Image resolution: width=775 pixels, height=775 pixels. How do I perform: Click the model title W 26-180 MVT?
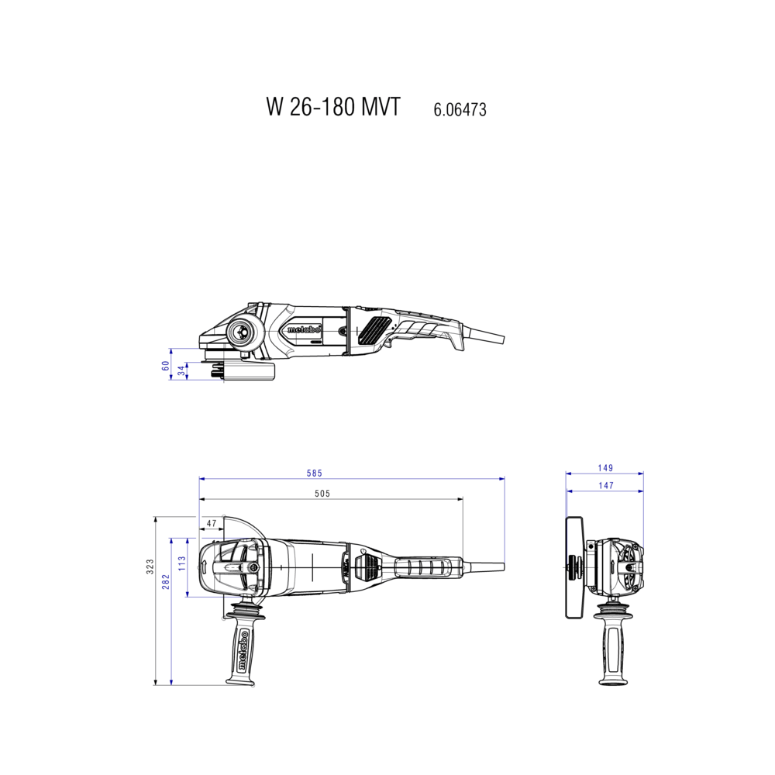333,106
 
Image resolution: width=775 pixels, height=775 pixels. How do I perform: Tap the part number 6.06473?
460,109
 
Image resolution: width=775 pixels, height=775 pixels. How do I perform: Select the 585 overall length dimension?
315,473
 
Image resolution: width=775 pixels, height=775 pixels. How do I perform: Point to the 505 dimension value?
322,493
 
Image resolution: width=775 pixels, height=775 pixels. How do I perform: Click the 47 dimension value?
212,523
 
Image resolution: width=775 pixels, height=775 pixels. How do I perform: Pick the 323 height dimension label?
150,567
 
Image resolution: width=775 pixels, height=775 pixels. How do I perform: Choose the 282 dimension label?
166,582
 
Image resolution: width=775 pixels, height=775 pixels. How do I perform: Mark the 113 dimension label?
182,563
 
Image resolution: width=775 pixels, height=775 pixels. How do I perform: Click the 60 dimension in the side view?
166,365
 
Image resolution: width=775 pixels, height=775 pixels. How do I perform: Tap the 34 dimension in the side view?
181,370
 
